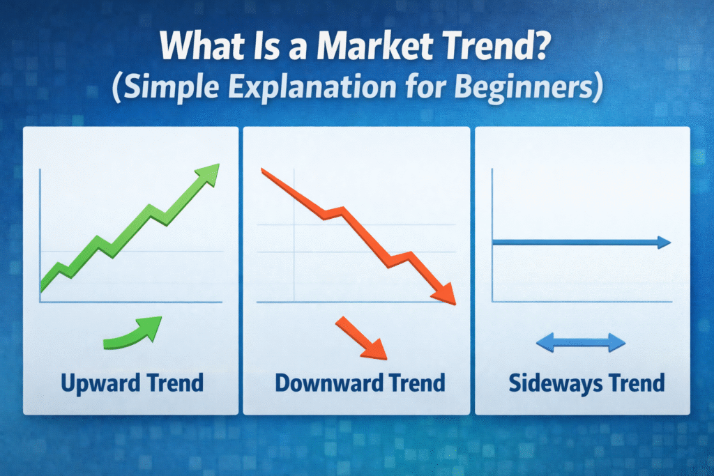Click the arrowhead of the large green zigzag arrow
(x=208, y=174)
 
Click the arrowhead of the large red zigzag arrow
(x=444, y=293)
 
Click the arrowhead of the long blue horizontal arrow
(x=664, y=243)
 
